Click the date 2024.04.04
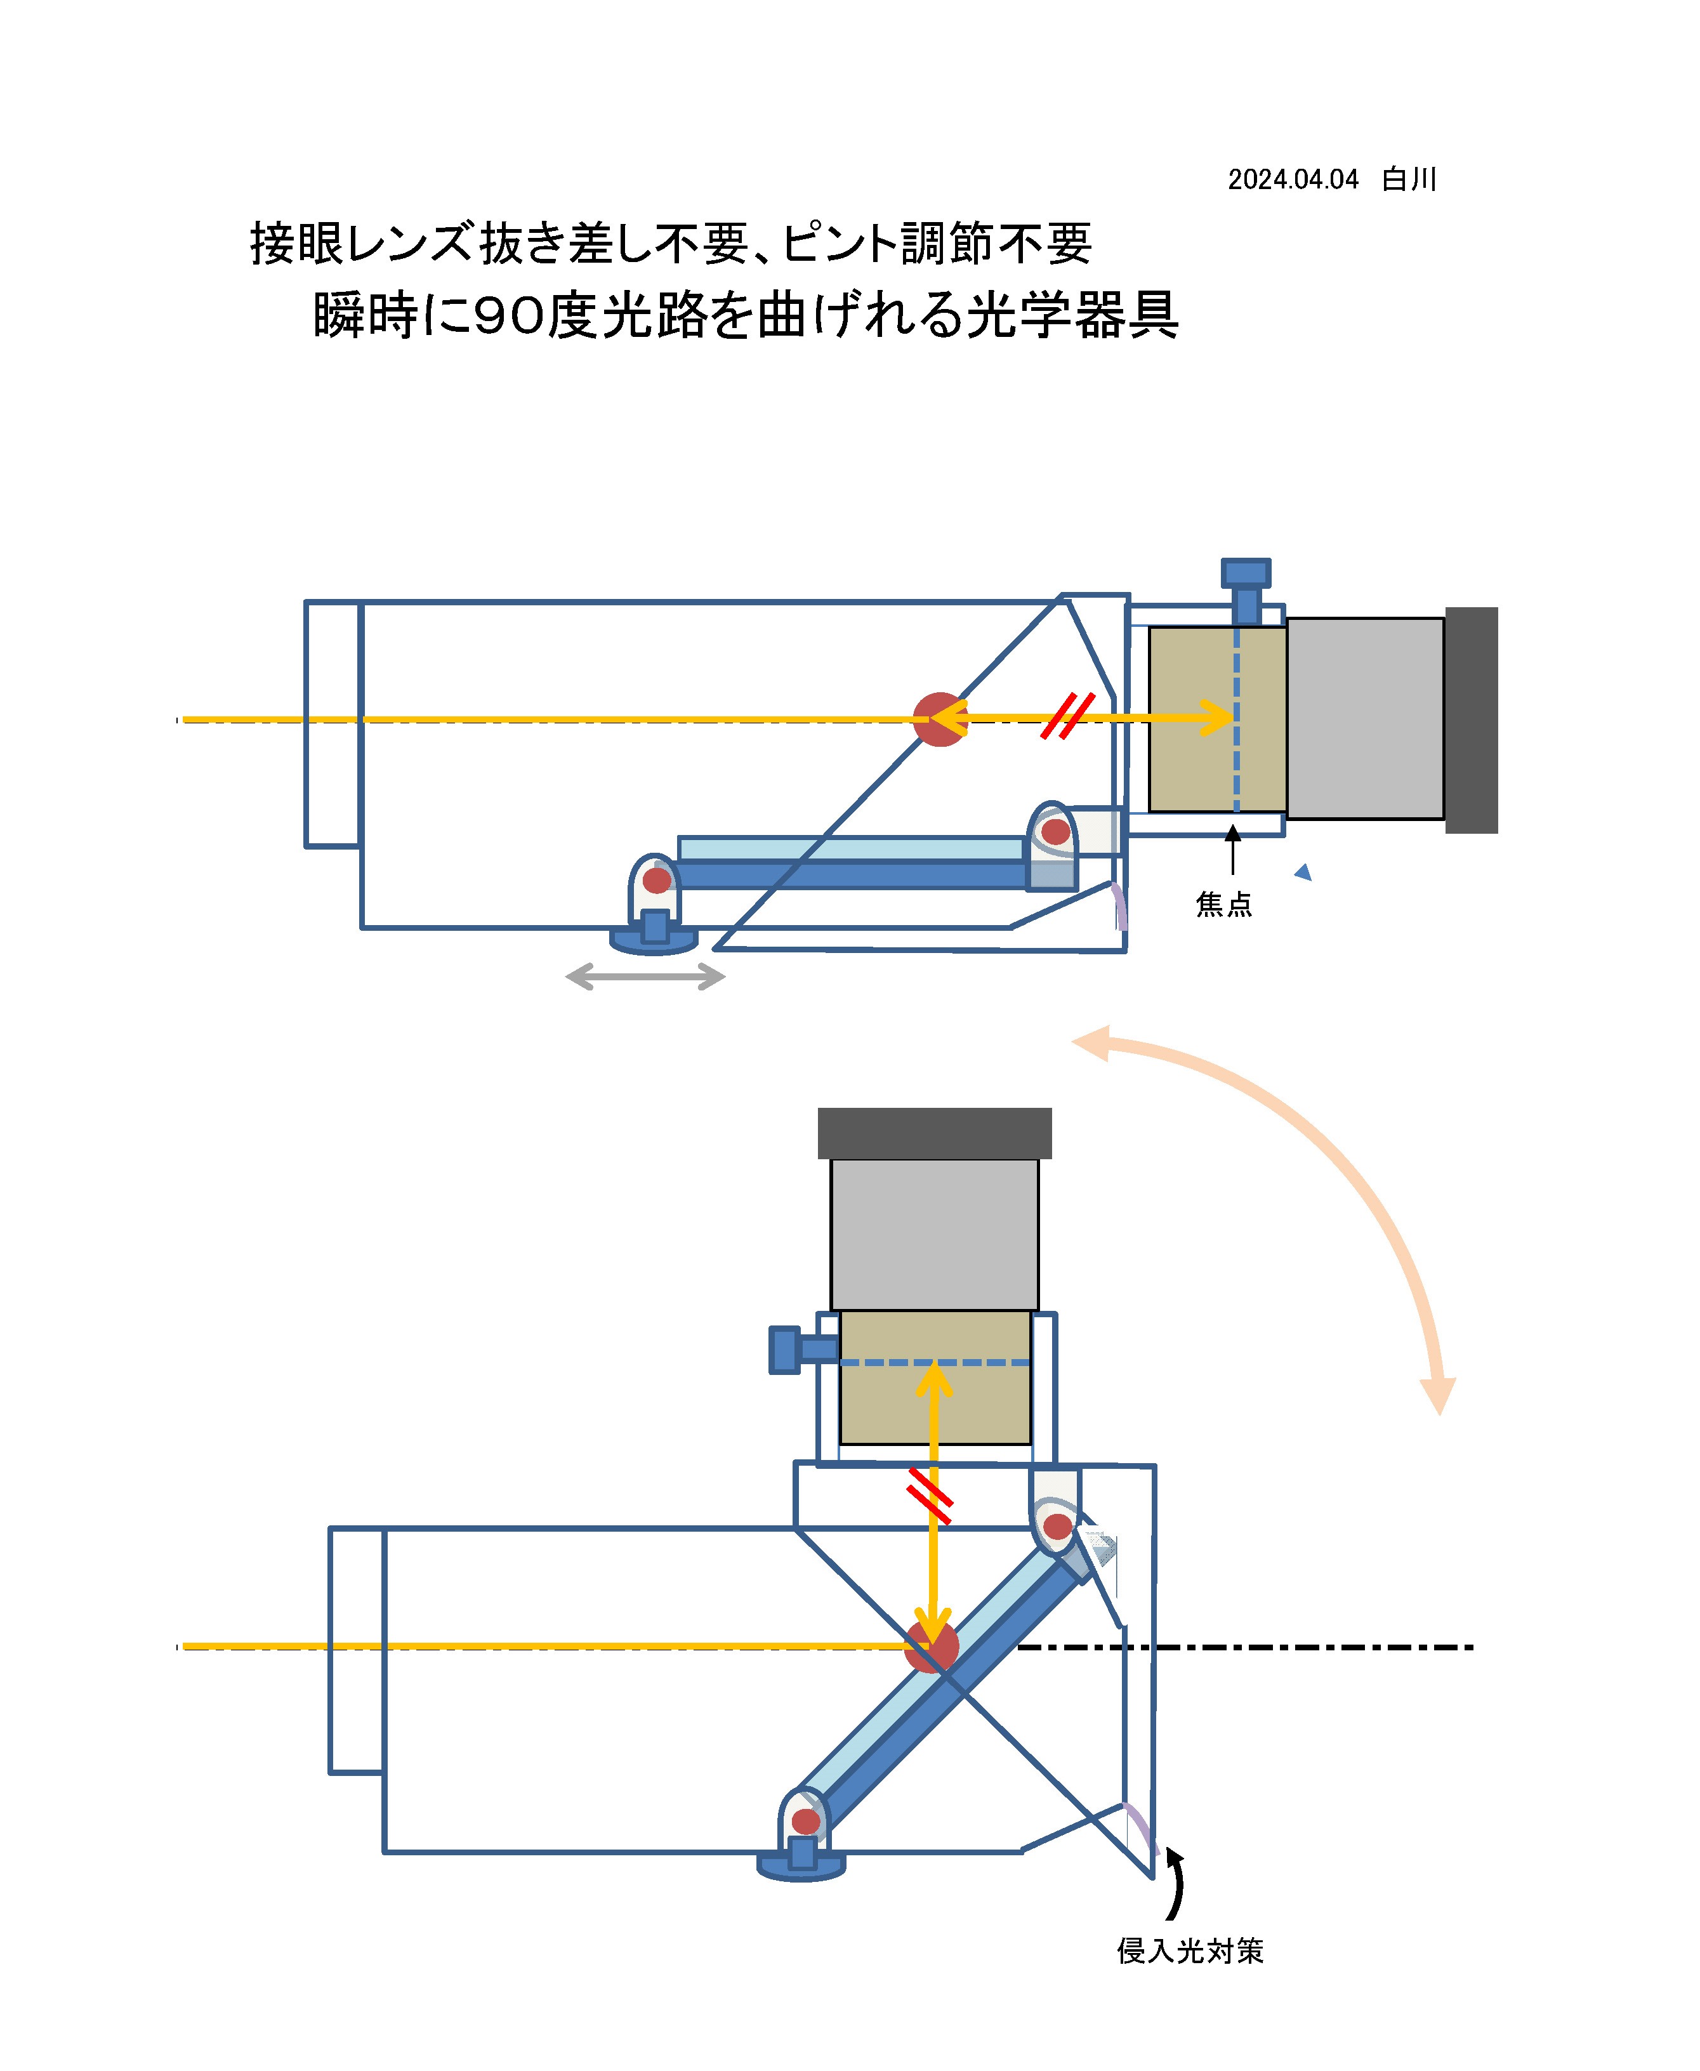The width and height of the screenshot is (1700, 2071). pos(1293,179)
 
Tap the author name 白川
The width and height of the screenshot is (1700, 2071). pos(1409,179)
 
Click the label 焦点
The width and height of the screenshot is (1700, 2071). pos(1224,904)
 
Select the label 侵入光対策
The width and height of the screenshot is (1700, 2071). pos(1190,1950)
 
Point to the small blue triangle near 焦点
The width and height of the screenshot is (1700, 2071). pos(1303,872)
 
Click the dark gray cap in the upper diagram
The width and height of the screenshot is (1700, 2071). pos(1471,720)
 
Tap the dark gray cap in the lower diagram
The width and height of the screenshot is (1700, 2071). pos(934,1133)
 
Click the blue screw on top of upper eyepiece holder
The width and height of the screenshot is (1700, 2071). pos(1246,591)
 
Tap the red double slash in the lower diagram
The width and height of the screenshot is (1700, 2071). pos(929,1496)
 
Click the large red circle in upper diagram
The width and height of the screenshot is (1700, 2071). pos(940,720)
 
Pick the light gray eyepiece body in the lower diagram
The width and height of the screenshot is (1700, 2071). pos(934,1235)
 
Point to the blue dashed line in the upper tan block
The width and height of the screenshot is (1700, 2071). pos(1237,720)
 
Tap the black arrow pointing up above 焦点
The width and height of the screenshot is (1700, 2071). pos(1233,849)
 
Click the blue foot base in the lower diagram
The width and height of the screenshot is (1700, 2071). pos(801,1867)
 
